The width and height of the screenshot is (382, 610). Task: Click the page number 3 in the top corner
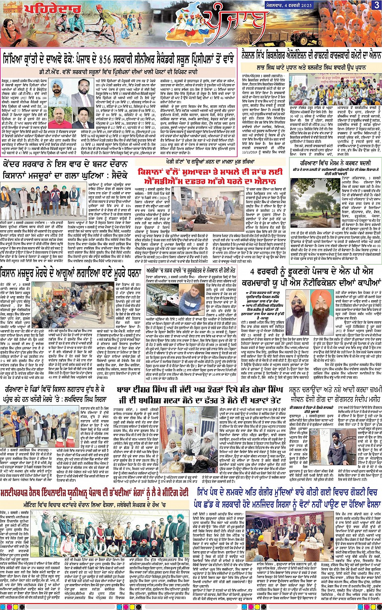(376, 4)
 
